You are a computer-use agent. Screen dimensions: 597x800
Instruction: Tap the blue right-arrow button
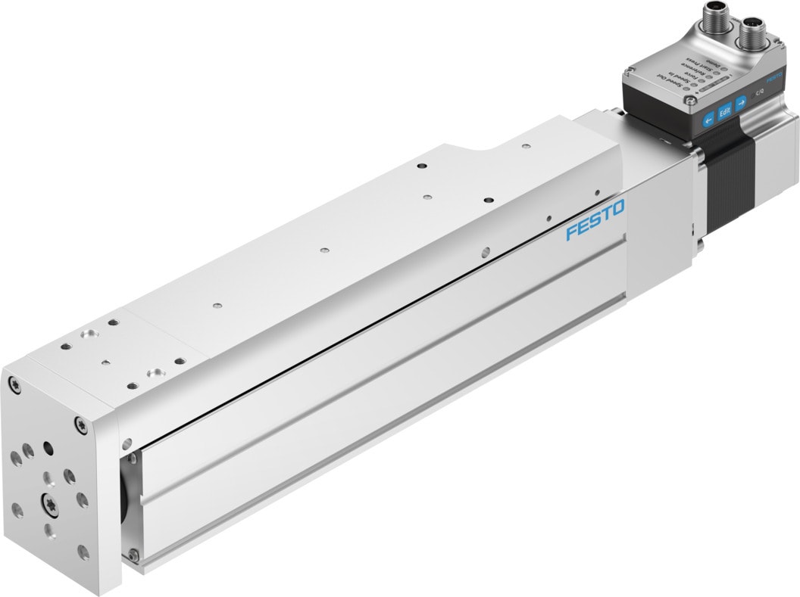[x=741, y=102]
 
